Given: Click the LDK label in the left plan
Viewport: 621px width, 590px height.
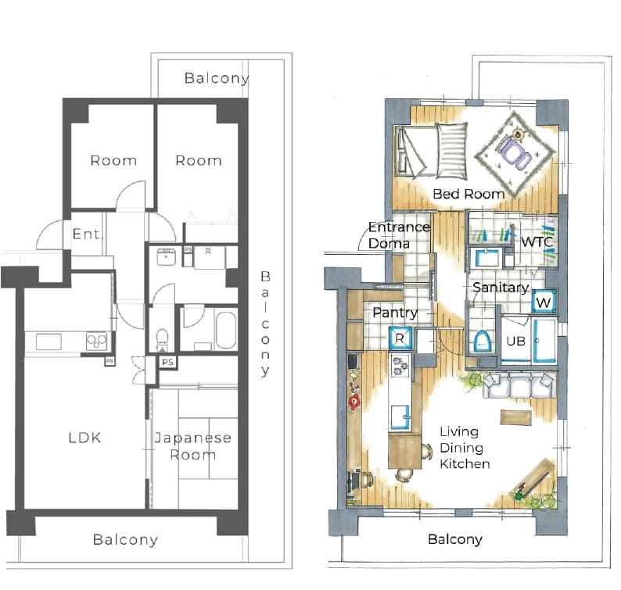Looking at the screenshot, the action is point(84,438).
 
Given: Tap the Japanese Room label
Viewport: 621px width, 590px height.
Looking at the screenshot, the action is point(193,446).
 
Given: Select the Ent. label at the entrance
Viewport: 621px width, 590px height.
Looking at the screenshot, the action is point(88,234).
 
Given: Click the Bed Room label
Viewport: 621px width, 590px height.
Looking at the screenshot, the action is point(468,194).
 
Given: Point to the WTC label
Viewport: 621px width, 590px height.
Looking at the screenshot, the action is point(537,241).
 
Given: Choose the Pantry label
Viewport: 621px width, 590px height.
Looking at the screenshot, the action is point(395,313).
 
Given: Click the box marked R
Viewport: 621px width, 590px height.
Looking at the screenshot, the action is point(400,338).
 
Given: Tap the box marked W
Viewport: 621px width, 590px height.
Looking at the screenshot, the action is point(544,302).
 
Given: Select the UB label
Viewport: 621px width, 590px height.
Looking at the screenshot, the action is point(515,341).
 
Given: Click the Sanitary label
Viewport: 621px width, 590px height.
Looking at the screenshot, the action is point(501,288).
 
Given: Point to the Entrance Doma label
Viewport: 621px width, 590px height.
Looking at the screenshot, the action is point(399,235).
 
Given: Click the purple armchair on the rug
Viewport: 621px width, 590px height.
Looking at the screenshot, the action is point(514,152).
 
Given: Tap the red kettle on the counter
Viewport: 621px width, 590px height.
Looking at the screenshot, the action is point(354,402).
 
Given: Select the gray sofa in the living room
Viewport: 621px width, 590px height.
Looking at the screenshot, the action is point(518,384).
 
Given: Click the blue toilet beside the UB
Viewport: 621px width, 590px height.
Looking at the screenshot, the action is point(482,341).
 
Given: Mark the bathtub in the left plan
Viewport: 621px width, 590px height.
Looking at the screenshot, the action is point(226,330).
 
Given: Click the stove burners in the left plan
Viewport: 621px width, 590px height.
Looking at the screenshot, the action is point(97,341).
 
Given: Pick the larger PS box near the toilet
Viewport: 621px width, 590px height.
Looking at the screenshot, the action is point(167,362).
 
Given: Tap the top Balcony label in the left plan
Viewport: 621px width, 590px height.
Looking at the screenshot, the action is point(216,78).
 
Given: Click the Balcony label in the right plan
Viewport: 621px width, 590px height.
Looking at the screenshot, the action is point(455,539).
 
